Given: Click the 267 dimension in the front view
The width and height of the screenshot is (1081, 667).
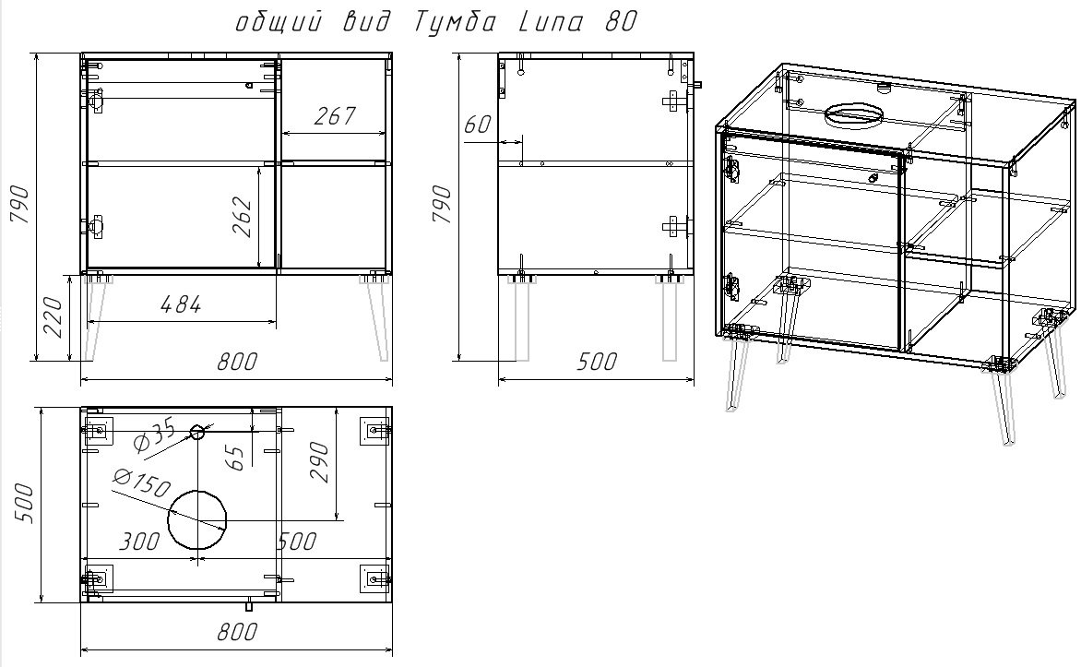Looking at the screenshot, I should pyautogui.click(x=335, y=116).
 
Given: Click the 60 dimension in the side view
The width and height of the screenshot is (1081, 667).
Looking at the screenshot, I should pyautogui.click(x=478, y=125).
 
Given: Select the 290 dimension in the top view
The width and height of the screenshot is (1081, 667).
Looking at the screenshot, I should pyautogui.click(x=319, y=461).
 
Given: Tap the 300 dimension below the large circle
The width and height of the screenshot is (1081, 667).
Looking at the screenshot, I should pyautogui.click(x=140, y=542).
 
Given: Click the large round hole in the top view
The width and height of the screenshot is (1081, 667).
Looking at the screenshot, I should pyautogui.click(x=196, y=518).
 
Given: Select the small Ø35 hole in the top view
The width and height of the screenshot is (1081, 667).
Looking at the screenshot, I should pyautogui.click(x=197, y=432).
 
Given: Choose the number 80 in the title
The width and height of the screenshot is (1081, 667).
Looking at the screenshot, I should pyautogui.click(x=621, y=23).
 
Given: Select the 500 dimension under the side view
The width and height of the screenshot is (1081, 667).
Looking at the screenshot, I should pyautogui.click(x=596, y=362).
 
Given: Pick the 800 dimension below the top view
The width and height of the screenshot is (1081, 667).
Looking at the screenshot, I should pyautogui.click(x=237, y=632).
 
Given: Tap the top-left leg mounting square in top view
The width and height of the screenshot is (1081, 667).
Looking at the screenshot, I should pyautogui.click(x=98, y=430).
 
